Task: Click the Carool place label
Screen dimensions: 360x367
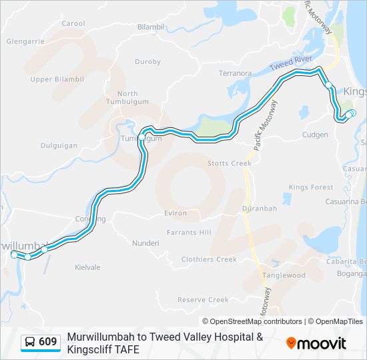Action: pyautogui.click(x=73, y=23)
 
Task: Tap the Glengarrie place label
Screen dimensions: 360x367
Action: pyautogui.click(x=25, y=41)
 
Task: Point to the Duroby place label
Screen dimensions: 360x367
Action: pyautogui.click(x=147, y=62)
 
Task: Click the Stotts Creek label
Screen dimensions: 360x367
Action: pyautogui.click(x=229, y=163)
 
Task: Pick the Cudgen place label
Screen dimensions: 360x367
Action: pyautogui.click(x=315, y=135)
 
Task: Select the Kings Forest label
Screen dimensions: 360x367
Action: pyautogui.click(x=311, y=187)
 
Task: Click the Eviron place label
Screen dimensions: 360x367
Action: pyautogui.click(x=175, y=213)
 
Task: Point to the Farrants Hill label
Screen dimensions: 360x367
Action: pyautogui.click(x=190, y=232)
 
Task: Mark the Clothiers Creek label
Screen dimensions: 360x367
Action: pyautogui.click(x=209, y=259)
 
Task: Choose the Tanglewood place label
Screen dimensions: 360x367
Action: pyautogui.click(x=284, y=275)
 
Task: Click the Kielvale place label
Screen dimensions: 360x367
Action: pyautogui.click(x=87, y=267)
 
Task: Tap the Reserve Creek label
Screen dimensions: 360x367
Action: pyautogui.click(x=203, y=300)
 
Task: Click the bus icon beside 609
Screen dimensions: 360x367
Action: pyautogui.click(x=30, y=342)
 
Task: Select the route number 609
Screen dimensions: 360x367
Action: pyautogui.click(x=47, y=342)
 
